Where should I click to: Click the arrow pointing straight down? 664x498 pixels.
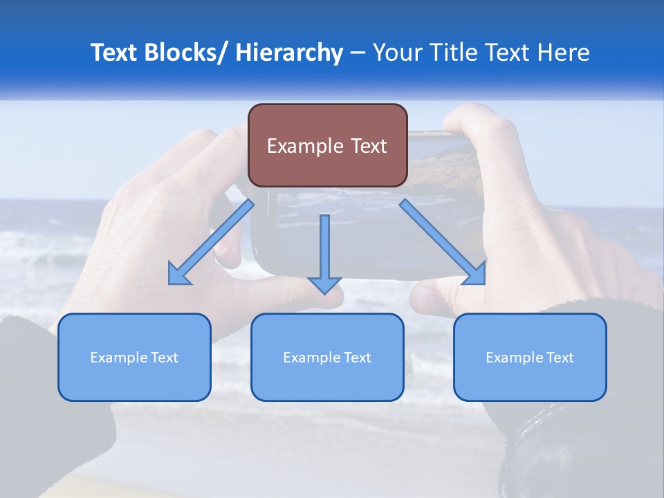[x=324, y=249]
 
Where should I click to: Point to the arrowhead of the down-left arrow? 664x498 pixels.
[x=178, y=275]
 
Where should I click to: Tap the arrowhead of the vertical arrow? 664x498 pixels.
[x=324, y=284]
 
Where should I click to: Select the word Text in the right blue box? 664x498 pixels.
[x=559, y=358]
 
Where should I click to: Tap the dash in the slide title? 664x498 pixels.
[x=358, y=53]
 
